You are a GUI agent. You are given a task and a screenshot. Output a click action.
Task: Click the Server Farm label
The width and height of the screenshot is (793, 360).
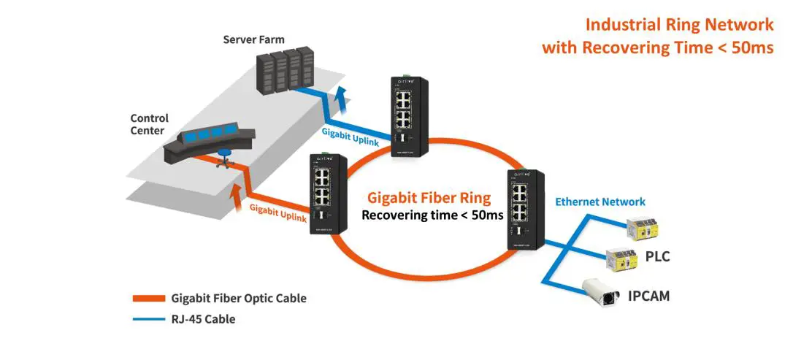click(x=253, y=39)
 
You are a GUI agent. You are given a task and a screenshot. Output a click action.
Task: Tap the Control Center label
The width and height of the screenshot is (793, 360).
click(x=149, y=124)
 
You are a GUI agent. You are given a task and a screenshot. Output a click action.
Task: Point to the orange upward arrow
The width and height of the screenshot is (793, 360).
click(x=236, y=192)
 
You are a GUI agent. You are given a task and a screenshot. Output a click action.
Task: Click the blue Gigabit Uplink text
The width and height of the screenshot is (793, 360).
click(x=350, y=137)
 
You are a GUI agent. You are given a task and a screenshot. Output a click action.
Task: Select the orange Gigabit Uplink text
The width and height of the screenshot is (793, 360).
click(x=278, y=213)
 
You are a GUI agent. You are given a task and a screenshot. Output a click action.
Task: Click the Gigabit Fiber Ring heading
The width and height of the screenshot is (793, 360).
click(x=429, y=197)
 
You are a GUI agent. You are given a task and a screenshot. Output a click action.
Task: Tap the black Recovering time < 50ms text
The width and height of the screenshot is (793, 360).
click(x=432, y=215)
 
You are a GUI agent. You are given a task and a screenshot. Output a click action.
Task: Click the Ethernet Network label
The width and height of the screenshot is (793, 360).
click(x=600, y=202)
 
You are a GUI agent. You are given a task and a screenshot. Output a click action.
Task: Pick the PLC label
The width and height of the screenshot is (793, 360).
click(x=657, y=257)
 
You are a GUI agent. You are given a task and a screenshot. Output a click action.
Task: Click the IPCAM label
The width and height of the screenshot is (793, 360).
click(x=648, y=296)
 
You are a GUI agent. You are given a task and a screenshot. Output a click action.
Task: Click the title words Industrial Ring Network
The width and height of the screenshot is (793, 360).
click(x=679, y=25)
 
